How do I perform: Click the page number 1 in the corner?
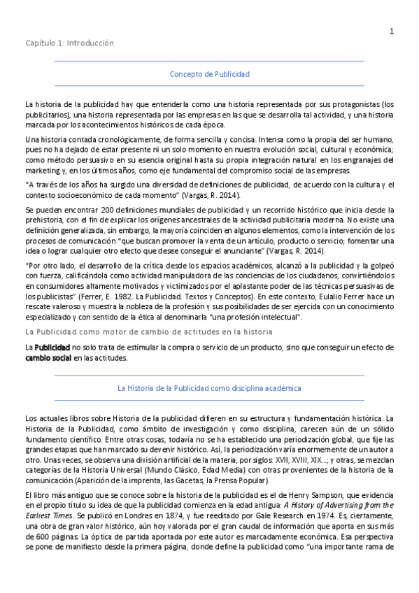pos(392,31)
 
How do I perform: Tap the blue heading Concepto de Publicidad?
pos(210,73)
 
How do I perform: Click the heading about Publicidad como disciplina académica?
pos(209,387)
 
